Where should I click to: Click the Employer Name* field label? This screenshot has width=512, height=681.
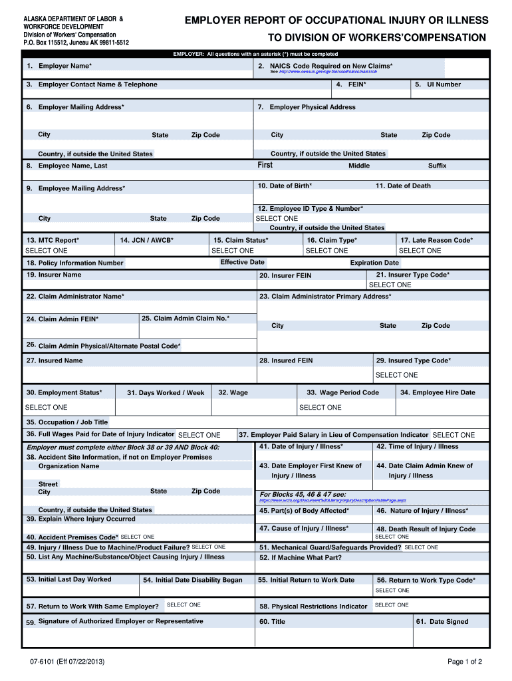point(64,67)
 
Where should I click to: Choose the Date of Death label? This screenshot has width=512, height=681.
point(403,186)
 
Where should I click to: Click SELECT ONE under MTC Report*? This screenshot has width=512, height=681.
point(46,251)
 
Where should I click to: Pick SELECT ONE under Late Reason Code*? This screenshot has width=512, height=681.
point(420,251)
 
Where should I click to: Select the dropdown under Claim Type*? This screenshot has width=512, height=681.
point(326,251)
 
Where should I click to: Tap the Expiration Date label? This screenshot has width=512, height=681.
point(374,263)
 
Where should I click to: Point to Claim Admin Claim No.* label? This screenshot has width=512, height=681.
point(186,319)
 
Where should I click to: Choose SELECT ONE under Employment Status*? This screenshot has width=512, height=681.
point(46,407)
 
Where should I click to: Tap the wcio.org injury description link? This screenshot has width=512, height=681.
point(332,500)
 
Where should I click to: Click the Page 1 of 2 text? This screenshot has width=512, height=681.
point(464,662)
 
